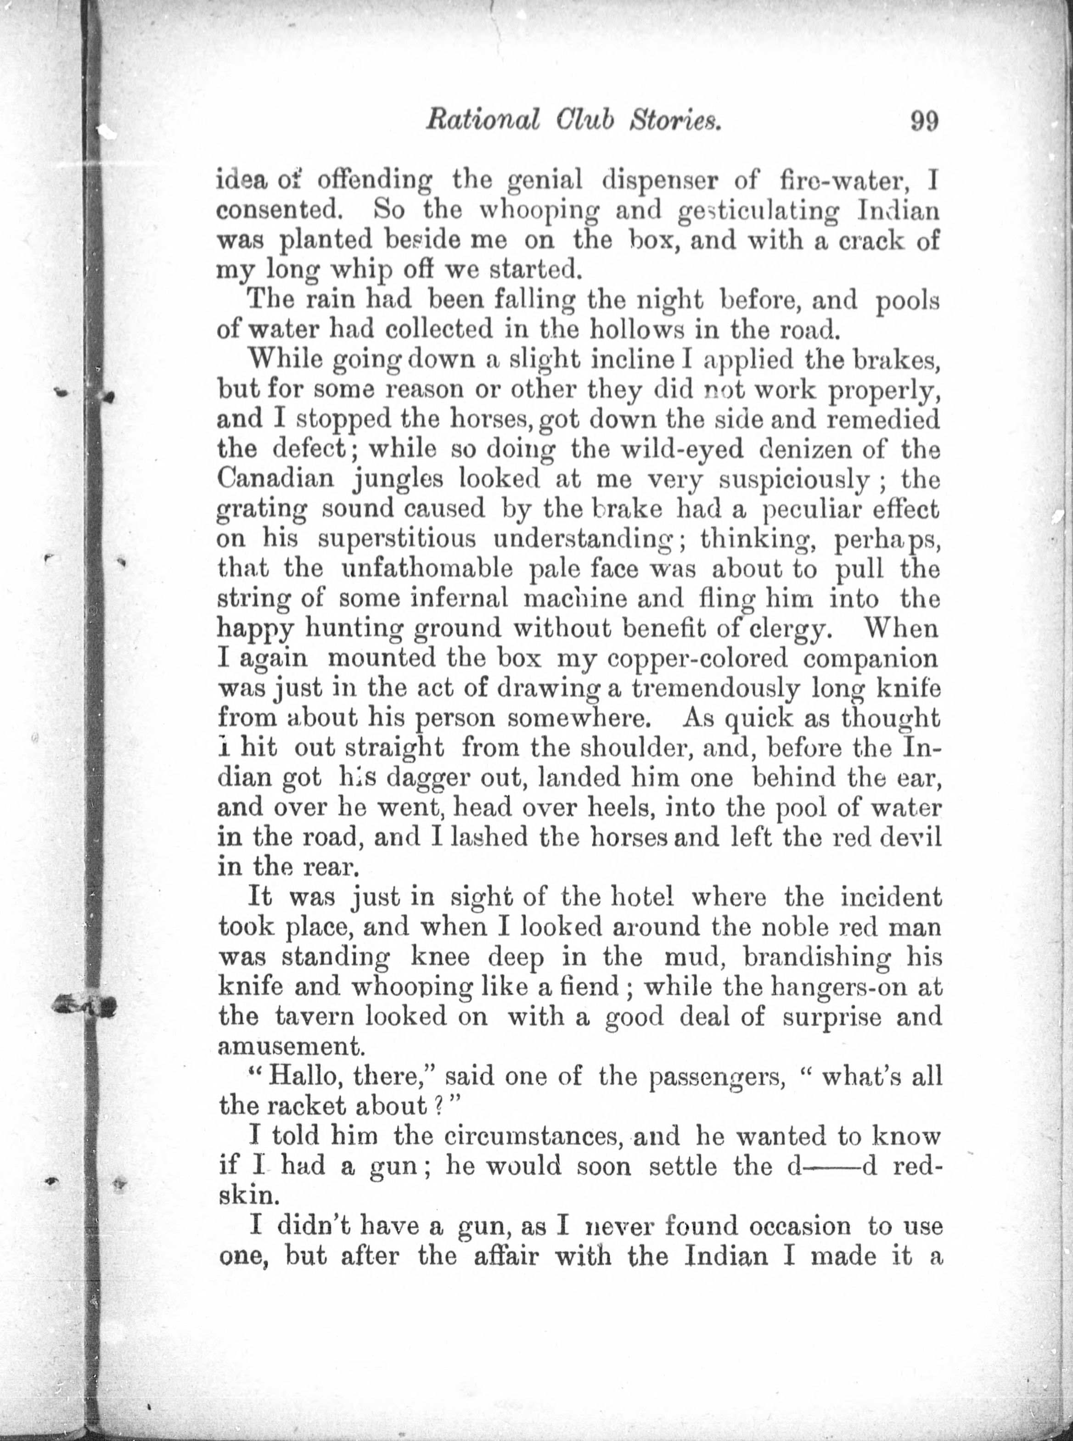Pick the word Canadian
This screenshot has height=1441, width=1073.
click(276, 479)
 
